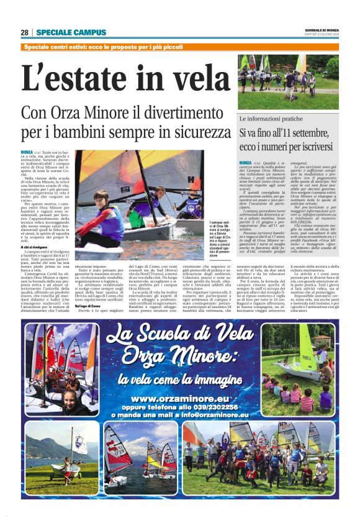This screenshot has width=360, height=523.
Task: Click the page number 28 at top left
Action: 25,32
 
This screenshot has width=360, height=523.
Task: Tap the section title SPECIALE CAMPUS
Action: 62,32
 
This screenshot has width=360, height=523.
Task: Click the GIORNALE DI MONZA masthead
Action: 322,30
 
